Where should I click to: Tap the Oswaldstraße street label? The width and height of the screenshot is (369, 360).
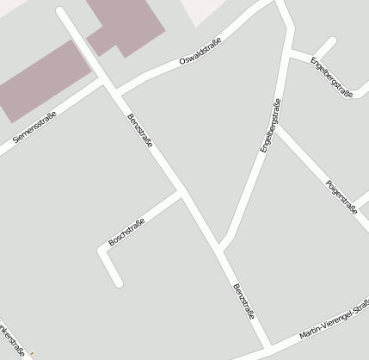point(200,53)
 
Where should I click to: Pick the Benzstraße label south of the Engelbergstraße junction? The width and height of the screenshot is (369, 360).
point(243,301)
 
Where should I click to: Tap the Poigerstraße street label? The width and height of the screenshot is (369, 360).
point(341,196)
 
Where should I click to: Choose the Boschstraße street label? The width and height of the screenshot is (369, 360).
point(126,230)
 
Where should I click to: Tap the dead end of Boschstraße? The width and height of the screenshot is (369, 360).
point(118,282)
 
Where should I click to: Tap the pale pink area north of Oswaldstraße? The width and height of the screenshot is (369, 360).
point(210,10)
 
